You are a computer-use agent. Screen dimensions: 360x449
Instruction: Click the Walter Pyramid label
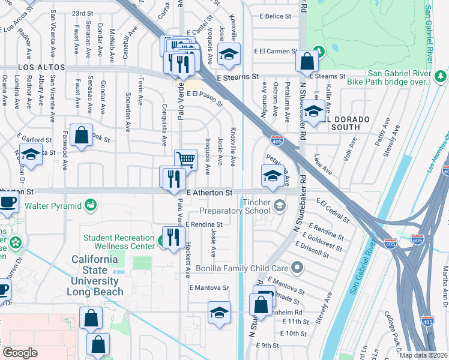point(52,206)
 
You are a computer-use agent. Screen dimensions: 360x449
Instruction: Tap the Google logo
point(20,353)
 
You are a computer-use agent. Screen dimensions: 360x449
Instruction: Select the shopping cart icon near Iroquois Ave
point(186,159)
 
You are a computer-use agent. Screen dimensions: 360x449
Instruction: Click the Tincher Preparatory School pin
point(279,206)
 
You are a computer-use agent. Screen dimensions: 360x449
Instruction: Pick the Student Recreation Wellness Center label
point(119,242)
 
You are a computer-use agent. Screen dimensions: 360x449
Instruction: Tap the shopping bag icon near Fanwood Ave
point(81,135)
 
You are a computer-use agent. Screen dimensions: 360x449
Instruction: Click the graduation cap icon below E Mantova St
point(219,311)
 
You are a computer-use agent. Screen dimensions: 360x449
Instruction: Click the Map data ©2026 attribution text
point(424,355)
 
